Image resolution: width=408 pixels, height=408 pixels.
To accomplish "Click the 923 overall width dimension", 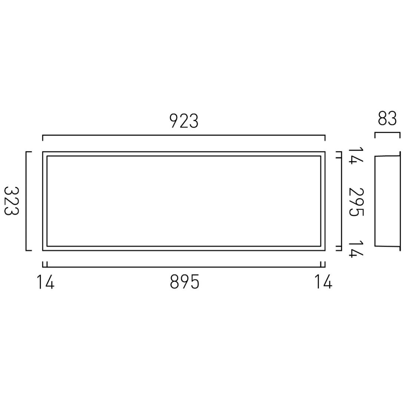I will coord(184,121).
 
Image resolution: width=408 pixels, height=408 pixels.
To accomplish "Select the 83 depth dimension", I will coord(387,119).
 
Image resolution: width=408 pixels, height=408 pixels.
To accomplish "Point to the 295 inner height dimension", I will coord(357,201).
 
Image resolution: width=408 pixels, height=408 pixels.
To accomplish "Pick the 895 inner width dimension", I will coord(184,283).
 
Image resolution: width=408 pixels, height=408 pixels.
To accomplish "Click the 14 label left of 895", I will coord(46,283).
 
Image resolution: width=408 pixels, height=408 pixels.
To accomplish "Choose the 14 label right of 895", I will coord(323,283).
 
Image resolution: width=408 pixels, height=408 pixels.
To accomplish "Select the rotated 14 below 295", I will coord(355,248).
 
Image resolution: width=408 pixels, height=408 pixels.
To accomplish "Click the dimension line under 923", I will coord(184,136).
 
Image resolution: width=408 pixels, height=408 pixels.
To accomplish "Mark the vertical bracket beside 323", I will coord(26,201).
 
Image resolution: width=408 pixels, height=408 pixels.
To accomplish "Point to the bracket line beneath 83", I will coord(387,133).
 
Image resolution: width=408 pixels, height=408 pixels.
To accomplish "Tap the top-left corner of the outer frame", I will coord(43,152).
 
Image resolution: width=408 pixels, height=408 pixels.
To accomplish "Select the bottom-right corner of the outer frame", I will coord(325,250).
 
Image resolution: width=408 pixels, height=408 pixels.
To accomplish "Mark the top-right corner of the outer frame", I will coord(325,152).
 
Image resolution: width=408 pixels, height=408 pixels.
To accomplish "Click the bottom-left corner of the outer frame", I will coord(43,250).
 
